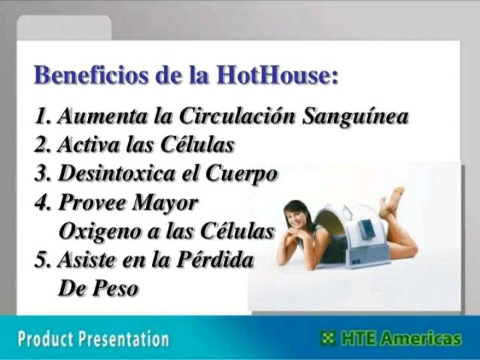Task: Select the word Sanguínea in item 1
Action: click(x=355, y=117)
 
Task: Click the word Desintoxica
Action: click(x=117, y=173)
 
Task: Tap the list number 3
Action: click(x=41, y=174)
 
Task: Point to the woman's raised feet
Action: click(x=393, y=201)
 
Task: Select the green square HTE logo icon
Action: click(x=327, y=338)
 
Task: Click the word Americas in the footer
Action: click(x=420, y=338)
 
